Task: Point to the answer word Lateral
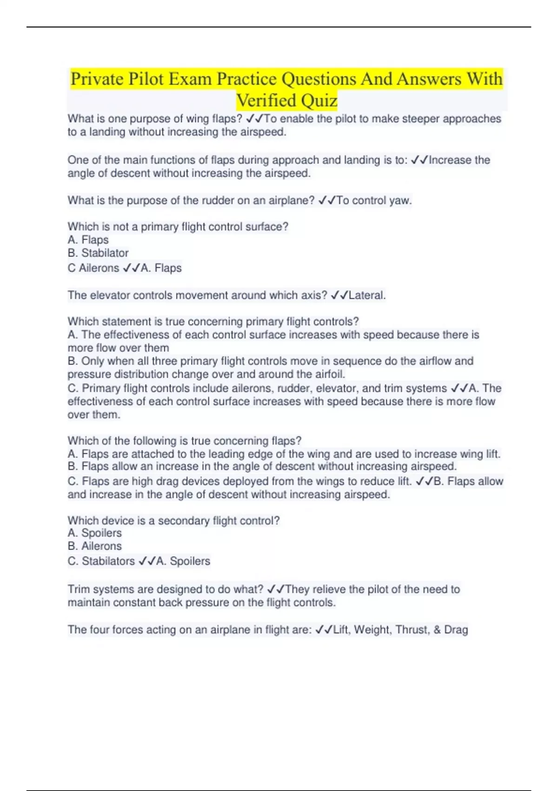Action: [x=366, y=295]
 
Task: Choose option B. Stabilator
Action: [x=98, y=253]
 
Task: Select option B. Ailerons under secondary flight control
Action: [x=95, y=546]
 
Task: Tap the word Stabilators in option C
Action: [x=108, y=561]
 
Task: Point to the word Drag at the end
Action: [x=456, y=630]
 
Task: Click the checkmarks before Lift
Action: [x=324, y=630]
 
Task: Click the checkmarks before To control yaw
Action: [x=327, y=201]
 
